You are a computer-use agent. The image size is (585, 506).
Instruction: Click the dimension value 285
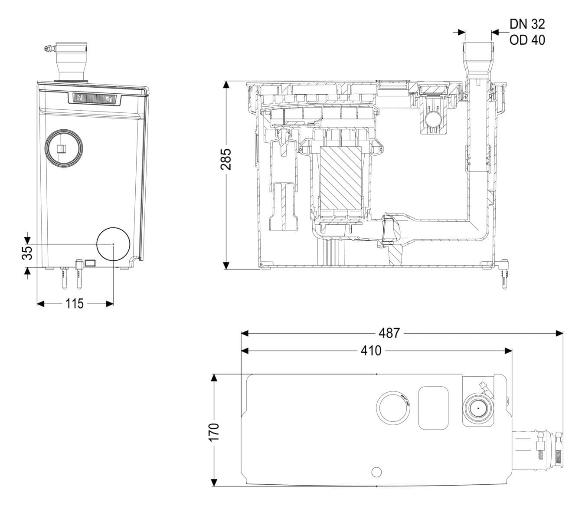pos(226,159)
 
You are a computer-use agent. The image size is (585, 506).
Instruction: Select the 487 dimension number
pos(389,333)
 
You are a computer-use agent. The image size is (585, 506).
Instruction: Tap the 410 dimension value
pos(371,351)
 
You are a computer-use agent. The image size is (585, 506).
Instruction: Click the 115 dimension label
pos(75,304)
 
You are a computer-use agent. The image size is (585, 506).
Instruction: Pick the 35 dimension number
pos(27,253)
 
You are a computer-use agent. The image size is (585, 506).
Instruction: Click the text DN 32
pos(527,24)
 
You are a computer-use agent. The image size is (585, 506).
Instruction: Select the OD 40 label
pos(527,40)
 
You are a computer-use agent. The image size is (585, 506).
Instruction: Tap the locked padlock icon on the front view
pos(80,98)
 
